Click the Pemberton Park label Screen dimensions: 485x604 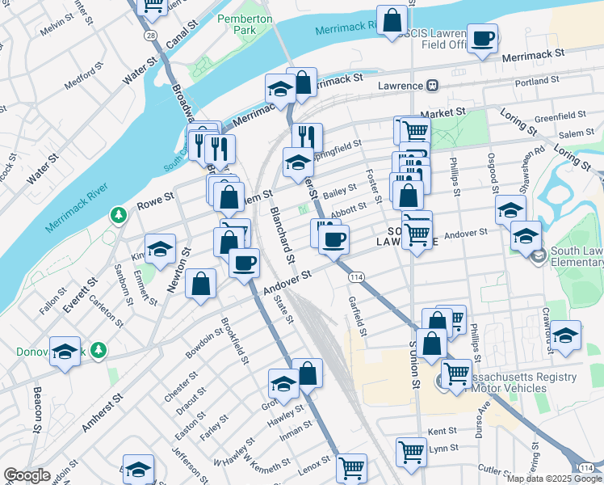237,23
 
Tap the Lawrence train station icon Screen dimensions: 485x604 433,86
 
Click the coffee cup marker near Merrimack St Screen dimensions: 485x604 482,39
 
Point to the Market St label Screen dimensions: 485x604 443,113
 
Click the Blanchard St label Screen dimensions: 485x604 281,234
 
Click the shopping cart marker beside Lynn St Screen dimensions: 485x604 411,452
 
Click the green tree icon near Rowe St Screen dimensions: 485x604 119,214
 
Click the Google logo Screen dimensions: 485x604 27,475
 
